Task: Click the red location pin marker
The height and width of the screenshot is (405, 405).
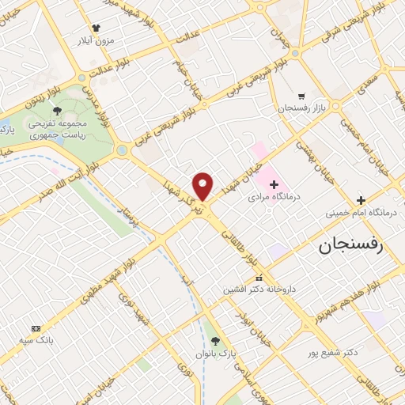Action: click(x=203, y=185)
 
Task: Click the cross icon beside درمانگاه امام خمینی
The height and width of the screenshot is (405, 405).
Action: click(x=361, y=200)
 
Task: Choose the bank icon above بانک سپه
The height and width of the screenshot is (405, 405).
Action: click(x=36, y=328)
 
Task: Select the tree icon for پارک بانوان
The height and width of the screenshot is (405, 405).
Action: click(x=215, y=339)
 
